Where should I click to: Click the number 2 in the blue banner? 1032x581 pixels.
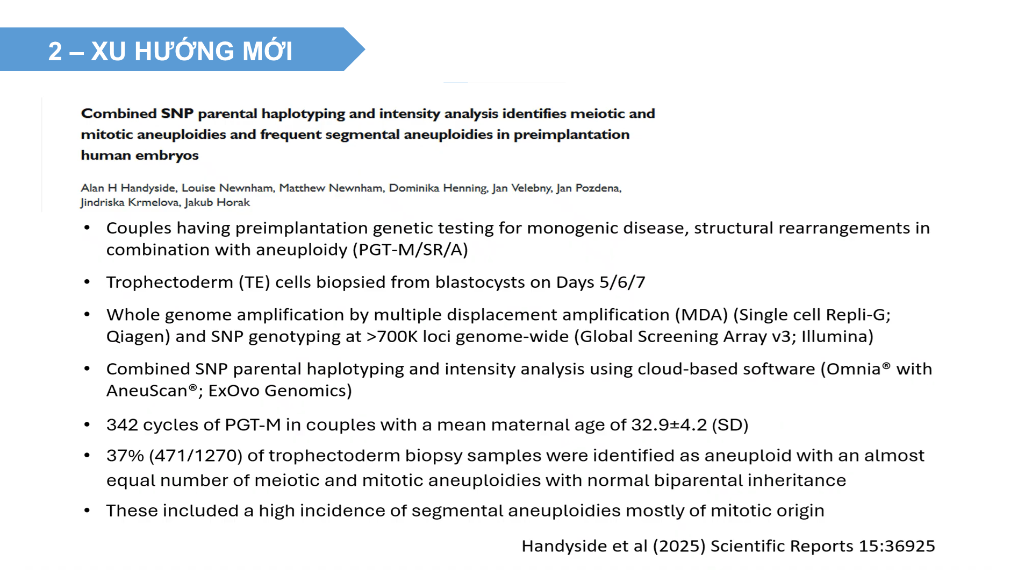click(x=55, y=52)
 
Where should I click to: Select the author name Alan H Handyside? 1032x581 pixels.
click(x=128, y=188)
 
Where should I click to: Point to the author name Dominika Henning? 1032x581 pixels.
click(x=438, y=188)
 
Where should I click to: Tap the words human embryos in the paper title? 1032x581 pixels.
click(x=140, y=155)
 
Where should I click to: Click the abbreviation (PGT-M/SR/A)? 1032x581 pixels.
click(x=410, y=250)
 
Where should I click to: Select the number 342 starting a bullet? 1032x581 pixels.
click(x=122, y=425)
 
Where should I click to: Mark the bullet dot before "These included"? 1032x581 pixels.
click(x=87, y=511)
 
